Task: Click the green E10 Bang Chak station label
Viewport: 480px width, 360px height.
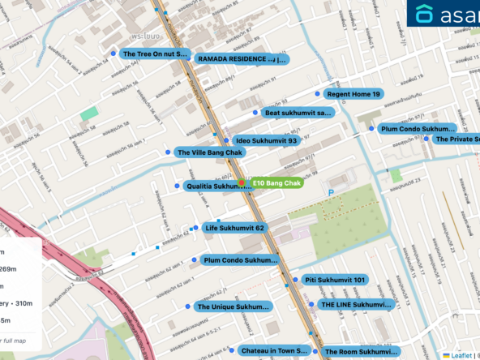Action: (x=276, y=183)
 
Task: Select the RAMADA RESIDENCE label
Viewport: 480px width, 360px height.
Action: (x=242, y=58)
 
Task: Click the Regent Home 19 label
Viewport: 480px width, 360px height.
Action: (x=353, y=94)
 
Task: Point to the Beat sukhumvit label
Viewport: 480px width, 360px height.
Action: (x=298, y=113)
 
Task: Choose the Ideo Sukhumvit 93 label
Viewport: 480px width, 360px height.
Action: (x=265, y=140)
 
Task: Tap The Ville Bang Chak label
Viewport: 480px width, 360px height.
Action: (x=210, y=152)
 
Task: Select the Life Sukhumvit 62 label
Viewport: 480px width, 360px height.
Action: (x=234, y=228)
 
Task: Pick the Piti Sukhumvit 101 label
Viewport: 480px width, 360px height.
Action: (x=335, y=280)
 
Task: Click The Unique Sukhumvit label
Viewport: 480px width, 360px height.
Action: (x=233, y=307)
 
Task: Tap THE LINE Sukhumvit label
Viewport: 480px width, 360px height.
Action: (x=355, y=305)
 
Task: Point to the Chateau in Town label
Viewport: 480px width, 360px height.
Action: (x=274, y=350)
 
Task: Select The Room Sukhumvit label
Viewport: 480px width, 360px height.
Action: (x=361, y=352)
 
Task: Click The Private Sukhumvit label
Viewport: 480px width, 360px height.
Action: (x=456, y=139)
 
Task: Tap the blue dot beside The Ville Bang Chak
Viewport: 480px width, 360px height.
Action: (x=167, y=152)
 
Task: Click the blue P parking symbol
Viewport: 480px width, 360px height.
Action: (x=331, y=192)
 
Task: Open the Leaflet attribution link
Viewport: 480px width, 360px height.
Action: (x=461, y=355)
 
